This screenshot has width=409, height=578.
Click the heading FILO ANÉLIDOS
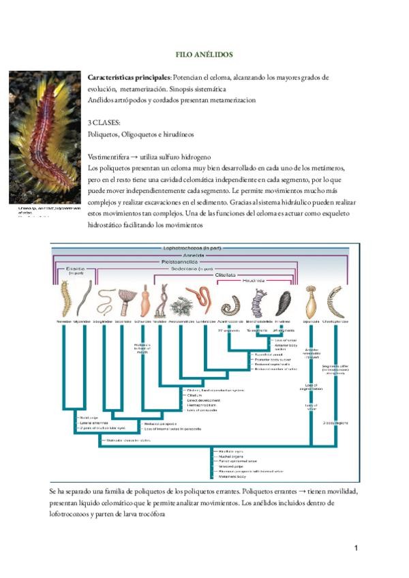(x=205, y=54)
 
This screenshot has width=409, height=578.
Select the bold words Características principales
(x=130, y=78)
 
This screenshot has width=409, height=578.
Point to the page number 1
(x=356, y=548)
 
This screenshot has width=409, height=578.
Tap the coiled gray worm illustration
(x=229, y=303)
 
